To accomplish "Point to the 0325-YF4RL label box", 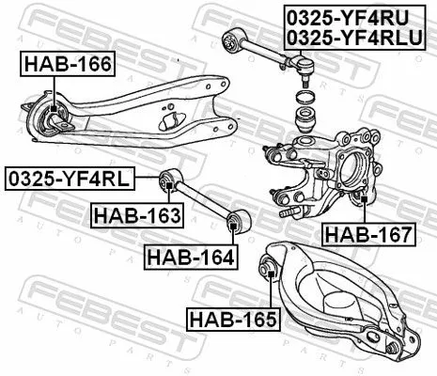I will [70, 177].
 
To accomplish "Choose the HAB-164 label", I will [189, 255].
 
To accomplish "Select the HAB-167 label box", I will [367, 234].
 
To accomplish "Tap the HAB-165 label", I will [232, 319].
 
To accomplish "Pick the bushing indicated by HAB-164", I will [235, 222].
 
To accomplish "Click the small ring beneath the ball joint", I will [303, 97].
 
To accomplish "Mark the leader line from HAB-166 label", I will [55, 90].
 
